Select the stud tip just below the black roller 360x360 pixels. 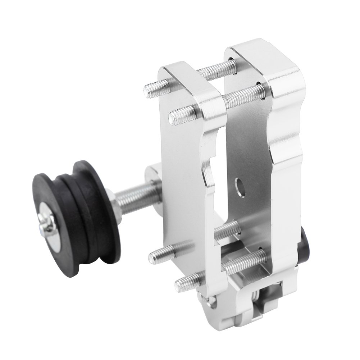(x=154, y=256)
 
